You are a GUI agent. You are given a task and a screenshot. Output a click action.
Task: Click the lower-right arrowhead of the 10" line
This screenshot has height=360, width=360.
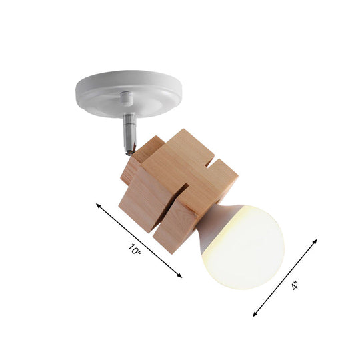(180, 275)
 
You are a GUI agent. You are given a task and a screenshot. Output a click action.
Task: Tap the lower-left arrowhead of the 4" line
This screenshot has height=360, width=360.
(255, 313)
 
